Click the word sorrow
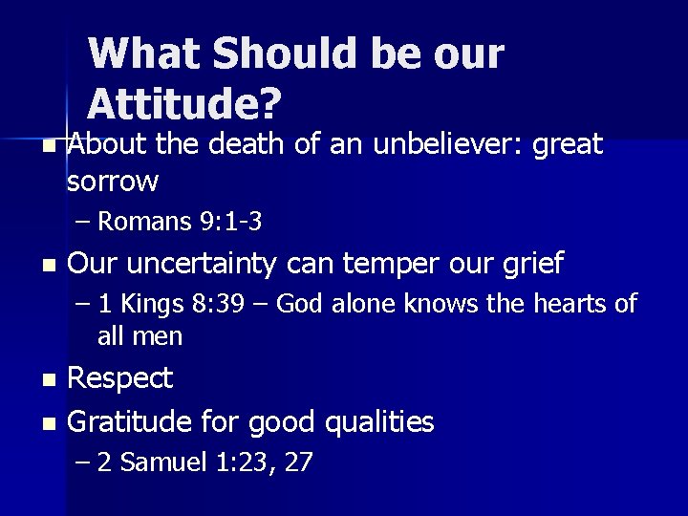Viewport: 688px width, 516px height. tap(113, 180)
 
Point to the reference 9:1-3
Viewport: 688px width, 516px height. tap(231, 223)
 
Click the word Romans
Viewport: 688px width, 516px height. tap(145, 223)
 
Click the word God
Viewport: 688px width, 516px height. tap(278, 305)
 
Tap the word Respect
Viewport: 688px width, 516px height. tap(121, 379)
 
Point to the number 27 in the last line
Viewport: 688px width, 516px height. tap(299, 463)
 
